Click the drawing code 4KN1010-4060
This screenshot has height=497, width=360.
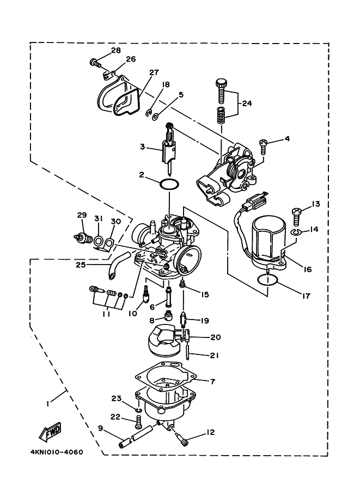tap(57, 451)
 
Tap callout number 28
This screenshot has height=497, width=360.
tap(115, 50)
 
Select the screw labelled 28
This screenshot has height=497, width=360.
tap(95, 63)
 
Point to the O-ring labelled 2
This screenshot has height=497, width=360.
tap(168, 185)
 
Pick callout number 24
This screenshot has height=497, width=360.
tap(247, 103)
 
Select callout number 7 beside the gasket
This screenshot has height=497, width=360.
tap(213, 381)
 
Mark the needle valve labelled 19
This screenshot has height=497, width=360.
tap(184, 320)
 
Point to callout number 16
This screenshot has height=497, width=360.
tap(307, 269)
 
